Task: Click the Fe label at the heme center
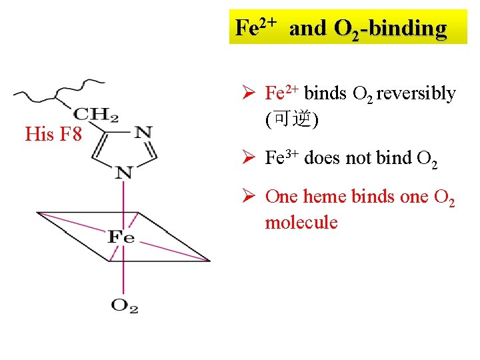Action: click(121, 237)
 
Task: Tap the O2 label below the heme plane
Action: click(124, 306)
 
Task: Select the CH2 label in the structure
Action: click(97, 115)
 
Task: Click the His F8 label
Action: click(53, 135)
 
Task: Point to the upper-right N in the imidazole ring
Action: click(143, 132)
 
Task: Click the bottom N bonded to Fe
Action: click(124, 173)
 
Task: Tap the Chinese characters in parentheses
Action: click(292, 119)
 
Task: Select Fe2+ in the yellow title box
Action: click(256, 27)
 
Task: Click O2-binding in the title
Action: click(390, 28)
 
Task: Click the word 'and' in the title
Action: click(309, 28)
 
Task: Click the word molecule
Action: click(301, 222)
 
